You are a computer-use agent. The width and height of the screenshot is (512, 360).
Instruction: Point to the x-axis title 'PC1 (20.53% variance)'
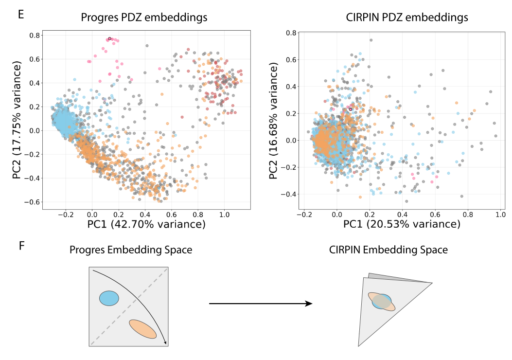(402, 224)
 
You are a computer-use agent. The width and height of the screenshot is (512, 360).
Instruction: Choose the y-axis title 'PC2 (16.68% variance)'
(275, 120)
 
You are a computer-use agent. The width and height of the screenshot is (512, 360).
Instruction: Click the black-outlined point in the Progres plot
(109, 38)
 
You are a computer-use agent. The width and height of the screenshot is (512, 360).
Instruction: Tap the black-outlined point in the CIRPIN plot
(350, 109)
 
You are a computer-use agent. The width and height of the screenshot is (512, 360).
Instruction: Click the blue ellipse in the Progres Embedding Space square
(109, 298)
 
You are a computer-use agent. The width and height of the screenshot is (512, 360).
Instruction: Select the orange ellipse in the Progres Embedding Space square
(143, 329)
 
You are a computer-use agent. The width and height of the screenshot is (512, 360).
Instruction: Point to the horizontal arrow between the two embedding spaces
(260, 304)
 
